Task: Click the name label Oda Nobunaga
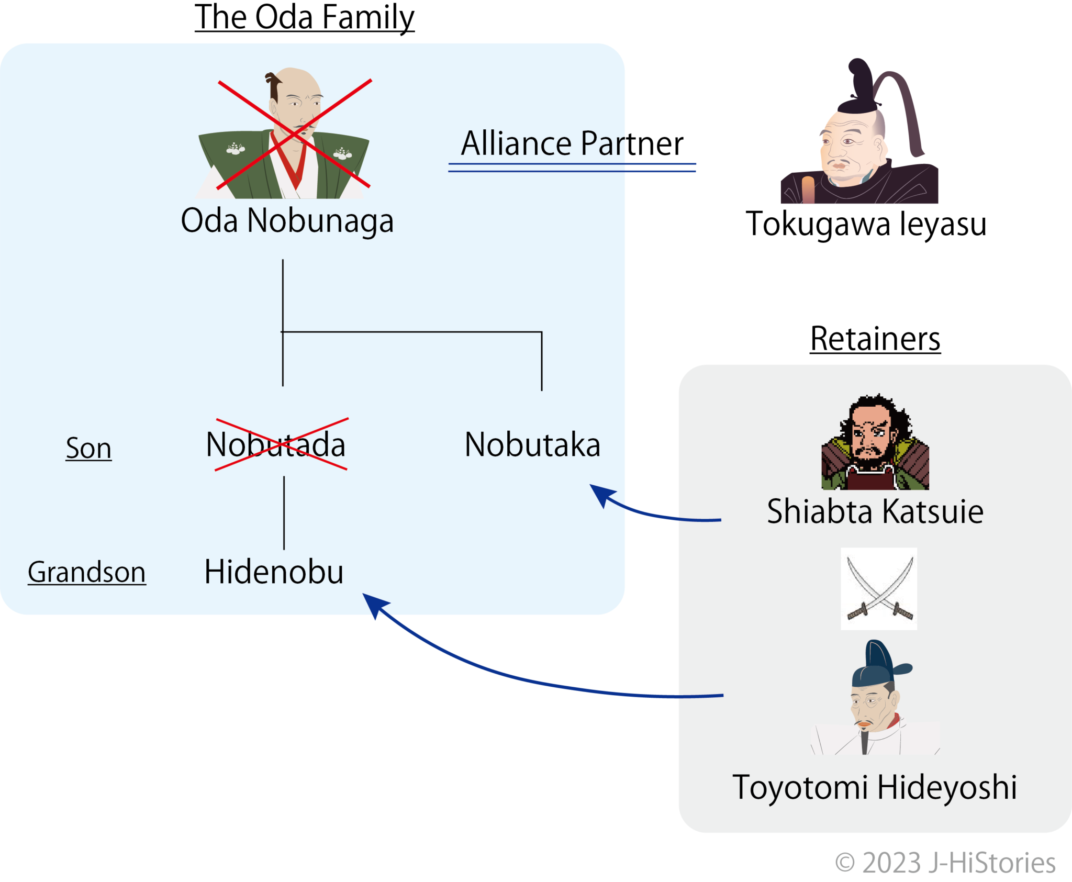287,220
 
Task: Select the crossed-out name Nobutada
276,445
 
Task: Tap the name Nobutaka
532,445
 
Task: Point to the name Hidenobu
274,572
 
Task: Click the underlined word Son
88,449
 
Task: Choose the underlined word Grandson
87,572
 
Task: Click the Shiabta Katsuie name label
875,511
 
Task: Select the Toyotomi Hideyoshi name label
875,787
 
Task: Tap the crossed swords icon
879,588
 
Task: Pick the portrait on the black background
859,133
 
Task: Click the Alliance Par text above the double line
542,143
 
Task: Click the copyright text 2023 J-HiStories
945,863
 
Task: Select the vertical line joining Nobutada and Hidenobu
284,513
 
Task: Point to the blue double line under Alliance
572,168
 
